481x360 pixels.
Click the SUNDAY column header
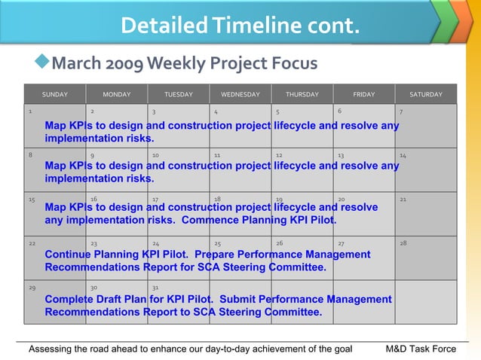click(54, 94)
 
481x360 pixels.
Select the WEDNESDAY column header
click(240, 94)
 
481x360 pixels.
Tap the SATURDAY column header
click(426, 94)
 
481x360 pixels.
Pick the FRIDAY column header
click(363, 94)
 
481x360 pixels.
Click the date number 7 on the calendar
click(401, 111)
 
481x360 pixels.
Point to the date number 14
click(403, 155)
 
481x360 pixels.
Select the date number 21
click(403, 200)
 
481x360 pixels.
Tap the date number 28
click(403, 243)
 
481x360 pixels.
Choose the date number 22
click(31, 243)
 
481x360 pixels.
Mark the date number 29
click(31, 288)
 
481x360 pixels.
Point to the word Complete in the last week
click(69, 299)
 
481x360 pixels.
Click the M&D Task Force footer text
click(421, 349)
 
